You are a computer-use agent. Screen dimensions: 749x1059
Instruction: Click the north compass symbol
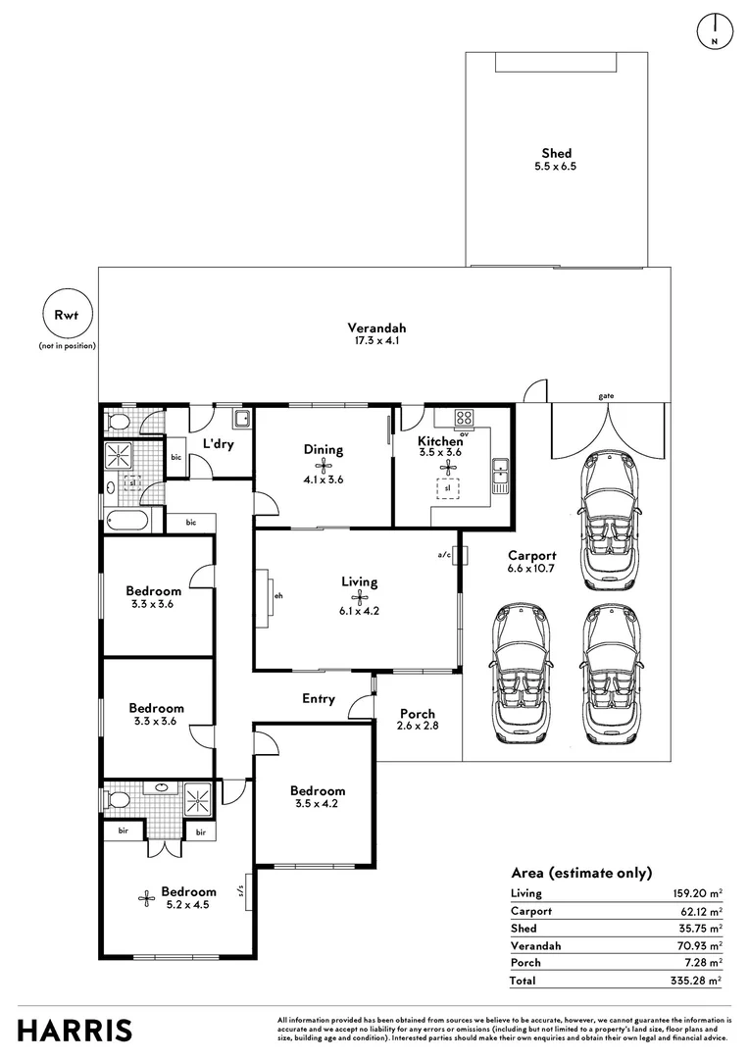[x=715, y=31]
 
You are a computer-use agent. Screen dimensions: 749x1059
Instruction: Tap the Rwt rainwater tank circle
[x=67, y=314]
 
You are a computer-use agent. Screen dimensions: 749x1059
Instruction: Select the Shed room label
[x=556, y=153]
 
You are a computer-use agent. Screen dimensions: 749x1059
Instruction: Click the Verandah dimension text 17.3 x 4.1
[x=376, y=341]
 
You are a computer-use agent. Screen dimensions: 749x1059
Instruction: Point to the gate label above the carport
[x=606, y=396]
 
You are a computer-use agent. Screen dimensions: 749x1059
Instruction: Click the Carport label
[x=531, y=556]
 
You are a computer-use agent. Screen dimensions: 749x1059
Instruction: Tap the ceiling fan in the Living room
[x=359, y=597]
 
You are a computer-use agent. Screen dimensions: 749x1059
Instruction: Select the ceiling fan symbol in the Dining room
[x=325, y=465]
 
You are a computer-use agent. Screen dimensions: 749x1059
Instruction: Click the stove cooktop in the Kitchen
[x=464, y=417]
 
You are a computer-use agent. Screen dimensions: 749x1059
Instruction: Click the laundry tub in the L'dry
[x=242, y=420]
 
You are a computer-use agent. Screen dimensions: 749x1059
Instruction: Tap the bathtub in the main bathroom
[x=128, y=521]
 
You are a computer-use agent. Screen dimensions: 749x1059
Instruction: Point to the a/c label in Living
[x=444, y=555]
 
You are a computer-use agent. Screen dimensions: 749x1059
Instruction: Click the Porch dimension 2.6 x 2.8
[x=418, y=726]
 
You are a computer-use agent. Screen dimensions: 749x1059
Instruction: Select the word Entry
[x=318, y=699]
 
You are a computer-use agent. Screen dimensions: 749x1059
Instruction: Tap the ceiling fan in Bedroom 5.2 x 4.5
[x=146, y=897]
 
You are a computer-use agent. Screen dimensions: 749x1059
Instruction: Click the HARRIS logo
[x=75, y=1032]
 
